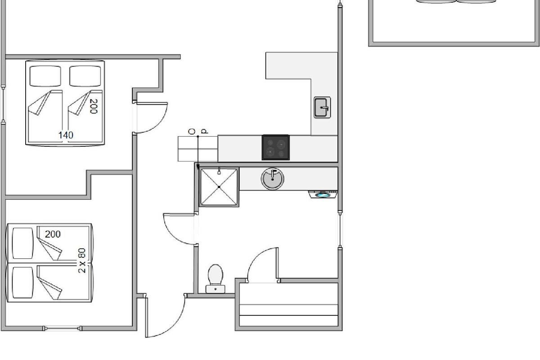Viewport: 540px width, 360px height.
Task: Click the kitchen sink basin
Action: (x=322, y=108)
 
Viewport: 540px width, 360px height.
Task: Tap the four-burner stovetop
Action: (x=276, y=147)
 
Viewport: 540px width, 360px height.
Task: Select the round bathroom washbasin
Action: (x=272, y=179)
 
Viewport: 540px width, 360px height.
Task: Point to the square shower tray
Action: (x=219, y=187)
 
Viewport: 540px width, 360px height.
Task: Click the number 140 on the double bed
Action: (x=66, y=135)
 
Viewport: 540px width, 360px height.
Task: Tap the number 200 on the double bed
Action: (x=93, y=106)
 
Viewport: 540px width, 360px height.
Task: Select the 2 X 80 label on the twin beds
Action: (x=82, y=261)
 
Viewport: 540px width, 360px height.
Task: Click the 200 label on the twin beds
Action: (x=53, y=234)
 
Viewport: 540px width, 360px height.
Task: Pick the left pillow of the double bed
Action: (x=45, y=76)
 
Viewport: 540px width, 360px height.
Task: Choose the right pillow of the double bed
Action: (x=85, y=76)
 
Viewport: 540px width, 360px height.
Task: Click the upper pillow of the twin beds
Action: (x=22, y=243)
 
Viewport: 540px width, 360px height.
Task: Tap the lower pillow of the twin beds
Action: (x=22, y=283)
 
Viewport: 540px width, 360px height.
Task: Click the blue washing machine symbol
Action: (x=323, y=194)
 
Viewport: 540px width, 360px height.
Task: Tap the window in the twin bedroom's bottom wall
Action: (x=63, y=328)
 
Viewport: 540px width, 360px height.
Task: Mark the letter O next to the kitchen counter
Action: (x=192, y=131)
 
